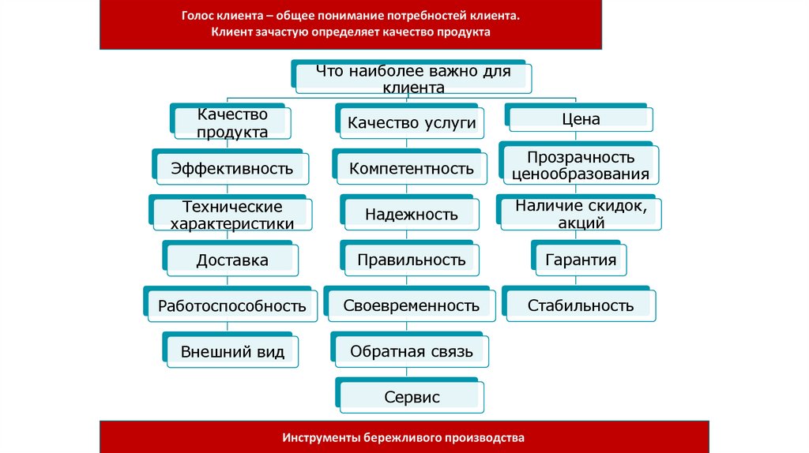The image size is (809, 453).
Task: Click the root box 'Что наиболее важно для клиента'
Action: coord(413,79)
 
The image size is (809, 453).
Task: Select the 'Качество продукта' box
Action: coord(232,124)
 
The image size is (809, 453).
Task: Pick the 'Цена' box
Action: coord(581,120)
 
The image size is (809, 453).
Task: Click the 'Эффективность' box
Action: coord(231,168)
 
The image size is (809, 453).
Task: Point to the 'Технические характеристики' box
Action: coord(231,215)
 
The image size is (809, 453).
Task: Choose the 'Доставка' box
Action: coord(232,260)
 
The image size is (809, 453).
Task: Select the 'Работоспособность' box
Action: coord(231,305)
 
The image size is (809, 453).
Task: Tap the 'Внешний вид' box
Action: coord(232,352)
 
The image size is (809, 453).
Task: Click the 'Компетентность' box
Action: coord(412,168)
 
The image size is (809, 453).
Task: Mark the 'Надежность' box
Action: coord(412,214)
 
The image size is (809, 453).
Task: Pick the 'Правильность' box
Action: coord(412,260)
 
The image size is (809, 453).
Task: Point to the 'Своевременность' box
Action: coord(412,305)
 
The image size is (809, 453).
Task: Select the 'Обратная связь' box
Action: coord(412,351)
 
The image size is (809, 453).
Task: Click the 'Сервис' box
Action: coord(412,397)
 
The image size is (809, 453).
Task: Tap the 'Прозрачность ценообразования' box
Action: coord(581,166)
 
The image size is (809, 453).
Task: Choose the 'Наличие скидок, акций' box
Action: coord(581,214)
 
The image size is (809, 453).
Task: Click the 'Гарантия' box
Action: coord(581,260)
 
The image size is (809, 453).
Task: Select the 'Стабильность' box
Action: coord(581,305)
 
